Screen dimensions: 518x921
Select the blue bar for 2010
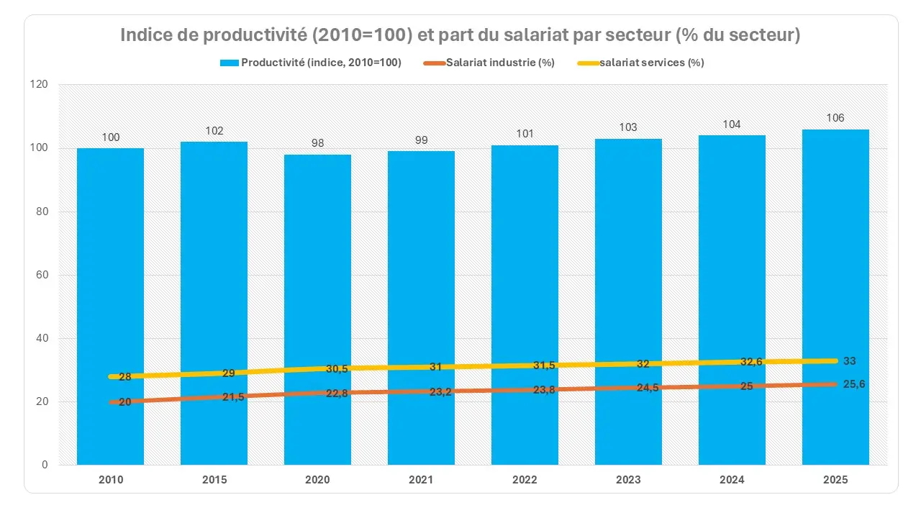click(110, 288)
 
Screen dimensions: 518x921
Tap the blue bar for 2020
click(317, 288)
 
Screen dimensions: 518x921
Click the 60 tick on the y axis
click(42, 275)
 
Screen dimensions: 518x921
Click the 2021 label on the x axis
click(421, 480)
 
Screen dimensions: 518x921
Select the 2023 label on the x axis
click(628, 480)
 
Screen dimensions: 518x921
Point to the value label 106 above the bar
click(835, 118)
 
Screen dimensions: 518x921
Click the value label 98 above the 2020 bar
click(317, 143)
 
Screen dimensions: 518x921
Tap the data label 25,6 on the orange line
click(854, 384)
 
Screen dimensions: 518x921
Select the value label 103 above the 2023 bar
click(628, 127)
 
